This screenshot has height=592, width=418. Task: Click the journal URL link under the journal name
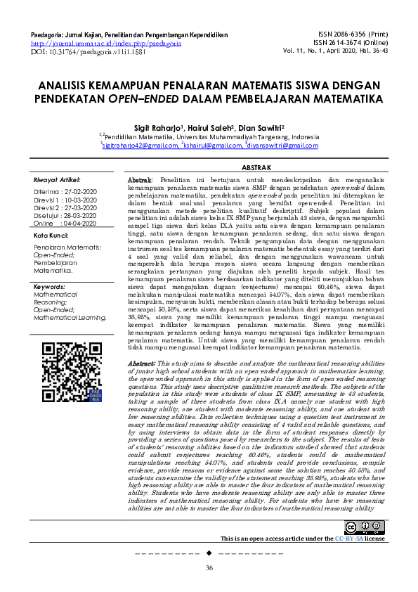[106, 42]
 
